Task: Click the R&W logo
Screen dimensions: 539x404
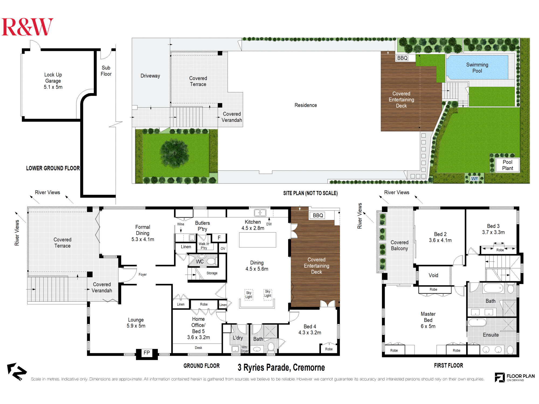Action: pyautogui.click(x=27, y=27)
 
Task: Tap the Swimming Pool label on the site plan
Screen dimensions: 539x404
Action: pyautogui.click(x=477, y=68)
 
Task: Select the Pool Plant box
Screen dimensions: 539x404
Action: pyautogui.click(x=507, y=165)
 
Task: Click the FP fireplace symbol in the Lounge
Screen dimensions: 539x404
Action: pyautogui.click(x=147, y=353)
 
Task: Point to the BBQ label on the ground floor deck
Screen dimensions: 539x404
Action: pyautogui.click(x=318, y=215)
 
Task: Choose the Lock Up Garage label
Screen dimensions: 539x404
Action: pyautogui.click(x=53, y=78)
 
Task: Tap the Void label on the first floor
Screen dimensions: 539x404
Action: pyautogui.click(x=433, y=275)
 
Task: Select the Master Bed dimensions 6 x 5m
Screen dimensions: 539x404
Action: pyautogui.click(x=428, y=326)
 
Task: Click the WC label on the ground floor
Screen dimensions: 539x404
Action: pyautogui.click(x=200, y=262)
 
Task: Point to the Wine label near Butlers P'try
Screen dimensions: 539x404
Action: pyautogui.click(x=181, y=224)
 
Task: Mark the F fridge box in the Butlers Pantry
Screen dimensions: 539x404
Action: pyautogui.click(x=219, y=238)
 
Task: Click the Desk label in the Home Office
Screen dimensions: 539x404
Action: pyautogui.click(x=198, y=348)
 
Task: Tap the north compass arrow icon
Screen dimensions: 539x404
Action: pyautogui.click(x=17, y=371)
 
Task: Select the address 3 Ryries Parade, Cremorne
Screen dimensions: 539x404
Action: pyautogui.click(x=281, y=367)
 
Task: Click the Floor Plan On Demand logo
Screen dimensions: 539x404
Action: pyautogui.click(x=514, y=377)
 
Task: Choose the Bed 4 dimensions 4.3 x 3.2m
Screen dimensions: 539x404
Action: pyautogui.click(x=310, y=333)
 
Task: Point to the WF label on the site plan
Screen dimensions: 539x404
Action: pyautogui.click(x=474, y=179)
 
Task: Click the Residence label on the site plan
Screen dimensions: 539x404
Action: pyautogui.click(x=306, y=105)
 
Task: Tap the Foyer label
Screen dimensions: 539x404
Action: pyautogui.click(x=143, y=274)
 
